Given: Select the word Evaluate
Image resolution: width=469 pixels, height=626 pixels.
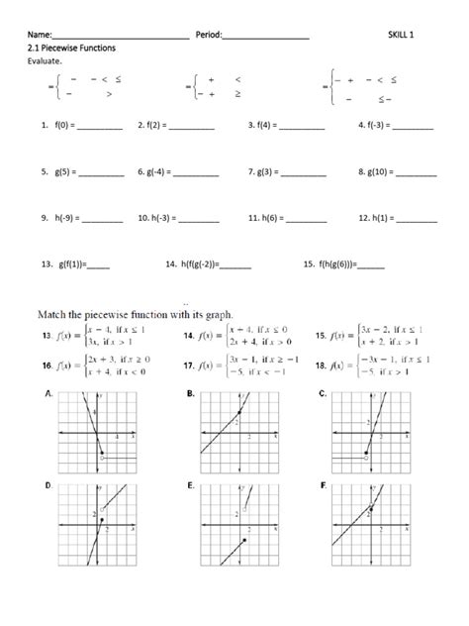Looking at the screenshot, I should (x=47, y=61).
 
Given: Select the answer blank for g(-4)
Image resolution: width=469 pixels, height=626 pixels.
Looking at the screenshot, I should (x=196, y=173).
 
